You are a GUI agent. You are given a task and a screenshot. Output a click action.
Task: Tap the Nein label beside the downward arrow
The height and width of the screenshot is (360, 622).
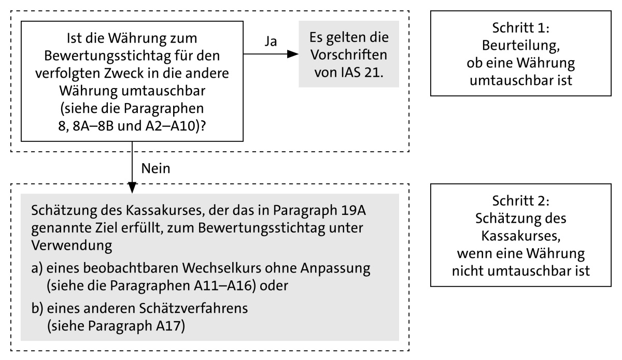[x=155, y=168]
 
